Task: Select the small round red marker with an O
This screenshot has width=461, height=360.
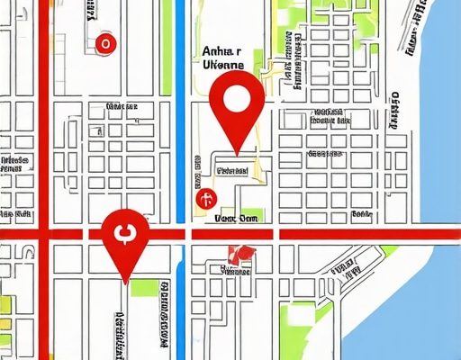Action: tap(106, 42)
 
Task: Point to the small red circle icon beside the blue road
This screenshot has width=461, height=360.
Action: tap(205, 197)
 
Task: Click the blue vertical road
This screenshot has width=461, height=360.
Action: tap(181, 117)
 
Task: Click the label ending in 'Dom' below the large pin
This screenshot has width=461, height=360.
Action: tap(237, 217)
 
